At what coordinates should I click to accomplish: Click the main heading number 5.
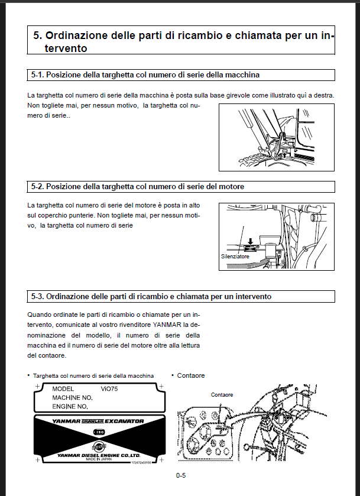coord(37,36)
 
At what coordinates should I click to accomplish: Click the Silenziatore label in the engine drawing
coord(235,257)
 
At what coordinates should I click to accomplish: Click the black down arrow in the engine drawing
coord(250,241)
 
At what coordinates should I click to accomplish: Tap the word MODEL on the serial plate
coord(63,389)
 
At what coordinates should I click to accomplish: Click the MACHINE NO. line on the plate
coord(73,398)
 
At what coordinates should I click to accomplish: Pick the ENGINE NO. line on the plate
coord(70,407)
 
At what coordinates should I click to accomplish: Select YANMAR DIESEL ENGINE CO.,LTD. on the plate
coord(99,455)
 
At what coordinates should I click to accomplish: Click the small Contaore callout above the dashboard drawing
coord(222,394)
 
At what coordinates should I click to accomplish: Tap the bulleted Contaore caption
coord(190,375)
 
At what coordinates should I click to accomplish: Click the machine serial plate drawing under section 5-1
coord(277,138)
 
